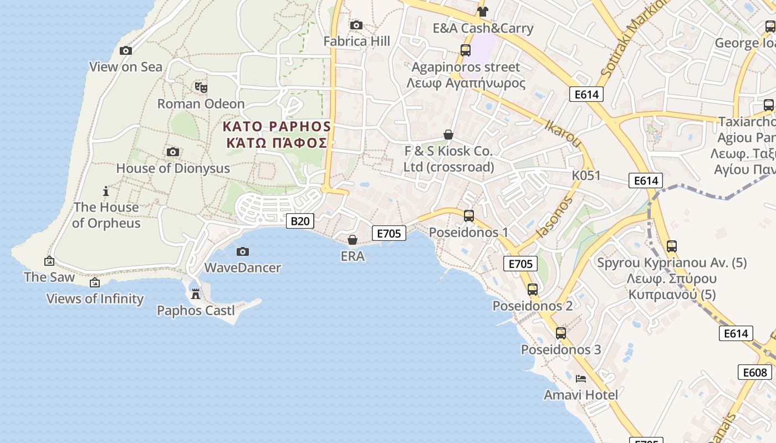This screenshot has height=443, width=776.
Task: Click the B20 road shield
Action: tap(300, 221)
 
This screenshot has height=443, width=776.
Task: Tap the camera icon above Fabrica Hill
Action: tap(356, 25)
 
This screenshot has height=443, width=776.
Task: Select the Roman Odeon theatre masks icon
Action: tap(201, 87)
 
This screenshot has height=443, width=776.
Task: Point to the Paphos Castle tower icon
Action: tap(195, 294)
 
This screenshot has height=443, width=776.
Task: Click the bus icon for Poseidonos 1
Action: tap(469, 216)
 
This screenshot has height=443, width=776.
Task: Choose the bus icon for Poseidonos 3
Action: tap(561, 333)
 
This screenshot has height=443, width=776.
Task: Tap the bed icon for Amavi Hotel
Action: tap(581, 379)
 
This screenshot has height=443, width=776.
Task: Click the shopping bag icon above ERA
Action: tap(353, 240)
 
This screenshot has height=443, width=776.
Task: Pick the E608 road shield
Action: tap(755, 372)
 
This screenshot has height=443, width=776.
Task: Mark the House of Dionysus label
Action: tap(173, 168)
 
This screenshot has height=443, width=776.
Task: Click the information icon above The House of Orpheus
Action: tap(106, 192)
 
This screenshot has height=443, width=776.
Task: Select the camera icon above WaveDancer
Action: tap(242, 252)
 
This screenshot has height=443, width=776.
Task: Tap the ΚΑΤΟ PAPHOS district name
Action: tap(277, 127)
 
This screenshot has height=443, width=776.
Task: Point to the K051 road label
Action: tap(586, 176)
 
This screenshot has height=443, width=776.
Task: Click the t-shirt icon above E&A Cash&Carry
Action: tap(482, 12)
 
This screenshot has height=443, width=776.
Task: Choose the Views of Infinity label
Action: tap(95, 299)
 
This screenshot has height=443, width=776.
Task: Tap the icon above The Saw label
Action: tap(49, 261)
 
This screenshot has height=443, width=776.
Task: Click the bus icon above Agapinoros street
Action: tap(466, 50)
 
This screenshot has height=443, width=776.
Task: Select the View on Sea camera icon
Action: tap(126, 51)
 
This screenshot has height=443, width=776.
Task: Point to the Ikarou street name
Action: tap(563, 133)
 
